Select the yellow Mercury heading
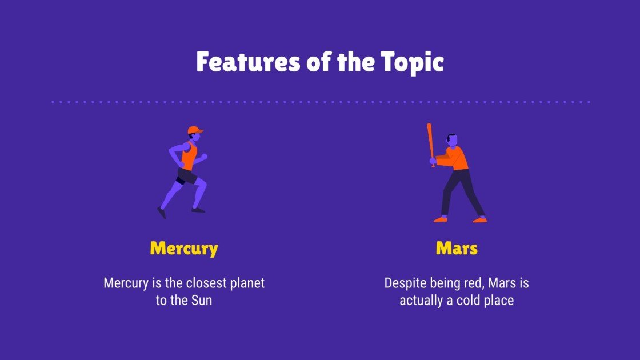(184, 249)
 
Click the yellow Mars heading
(457, 249)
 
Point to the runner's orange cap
(194, 130)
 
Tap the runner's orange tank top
(189, 155)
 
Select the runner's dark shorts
(187, 176)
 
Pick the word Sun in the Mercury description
(201, 301)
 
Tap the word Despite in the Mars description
(403, 283)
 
